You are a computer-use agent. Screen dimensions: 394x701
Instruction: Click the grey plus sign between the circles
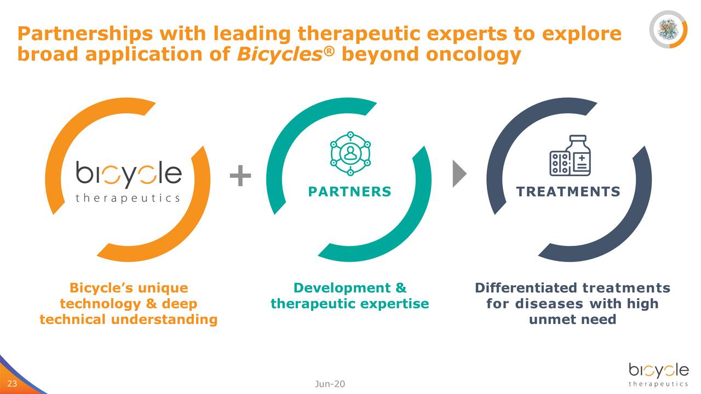click(240, 176)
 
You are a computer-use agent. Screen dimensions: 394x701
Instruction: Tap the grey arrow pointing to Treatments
click(458, 175)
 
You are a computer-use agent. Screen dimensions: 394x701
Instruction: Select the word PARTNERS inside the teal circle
click(349, 192)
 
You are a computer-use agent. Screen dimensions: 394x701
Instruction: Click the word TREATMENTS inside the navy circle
click(568, 192)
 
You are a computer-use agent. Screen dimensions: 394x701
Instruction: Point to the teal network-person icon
click(350, 153)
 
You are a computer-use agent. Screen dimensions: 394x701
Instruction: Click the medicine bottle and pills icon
click(570, 156)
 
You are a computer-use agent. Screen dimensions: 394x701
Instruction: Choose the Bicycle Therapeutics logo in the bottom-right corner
click(658, 375)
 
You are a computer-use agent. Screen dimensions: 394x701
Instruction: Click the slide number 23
click(12, 384)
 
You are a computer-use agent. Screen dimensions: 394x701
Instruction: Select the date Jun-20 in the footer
click(330, 384)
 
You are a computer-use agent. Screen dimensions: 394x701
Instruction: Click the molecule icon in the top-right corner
click(668, 28)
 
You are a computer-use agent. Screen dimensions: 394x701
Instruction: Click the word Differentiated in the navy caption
click(525, 288)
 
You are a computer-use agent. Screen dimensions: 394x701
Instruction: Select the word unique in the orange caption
click(163, 288)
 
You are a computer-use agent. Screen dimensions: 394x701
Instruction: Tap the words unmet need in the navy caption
click(572, 319)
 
